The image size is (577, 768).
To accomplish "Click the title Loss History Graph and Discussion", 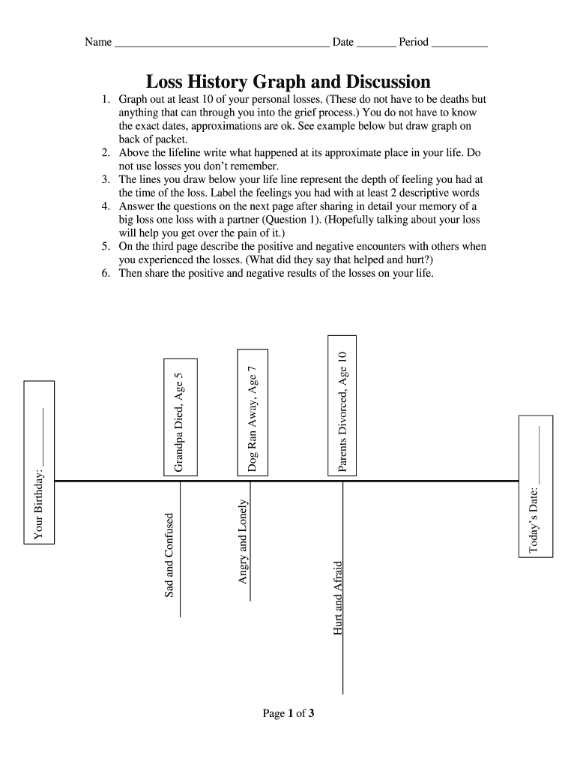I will [288, 82].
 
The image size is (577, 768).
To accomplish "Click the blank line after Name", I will [221, 43].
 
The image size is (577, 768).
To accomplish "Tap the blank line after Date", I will [376, 43].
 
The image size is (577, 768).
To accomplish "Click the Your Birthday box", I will [40, 461].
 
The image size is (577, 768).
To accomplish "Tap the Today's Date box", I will [537, 486].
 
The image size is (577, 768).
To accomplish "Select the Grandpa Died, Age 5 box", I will [181, 417].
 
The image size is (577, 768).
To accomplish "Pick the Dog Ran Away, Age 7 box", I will [253, 412].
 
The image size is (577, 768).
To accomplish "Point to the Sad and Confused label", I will [169, 555].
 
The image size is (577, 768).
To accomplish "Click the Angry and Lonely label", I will [243, 541].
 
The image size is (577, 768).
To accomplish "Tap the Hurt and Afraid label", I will [338, 598].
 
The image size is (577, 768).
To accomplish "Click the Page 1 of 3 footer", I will [288, 713].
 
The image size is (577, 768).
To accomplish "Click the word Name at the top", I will [98, 42].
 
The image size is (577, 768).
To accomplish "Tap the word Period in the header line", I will [414, 42].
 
